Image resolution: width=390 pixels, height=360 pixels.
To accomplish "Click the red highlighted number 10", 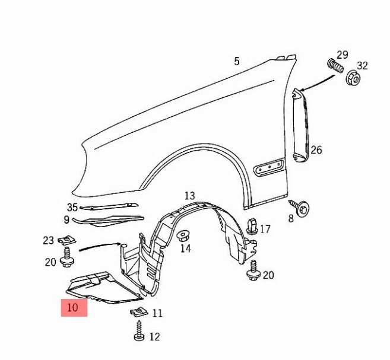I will click(73, 308).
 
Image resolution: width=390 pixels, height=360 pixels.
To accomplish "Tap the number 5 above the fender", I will click(237, 61).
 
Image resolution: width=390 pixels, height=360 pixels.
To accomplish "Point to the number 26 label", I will click(316, 150).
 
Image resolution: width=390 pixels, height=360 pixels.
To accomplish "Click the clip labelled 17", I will click(252, 227).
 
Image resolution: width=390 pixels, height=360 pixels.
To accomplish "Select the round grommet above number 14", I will click(185, 235).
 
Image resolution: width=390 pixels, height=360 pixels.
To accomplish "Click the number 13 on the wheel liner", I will click(189, 196).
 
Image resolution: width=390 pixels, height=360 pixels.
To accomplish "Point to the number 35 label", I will click(72, 207).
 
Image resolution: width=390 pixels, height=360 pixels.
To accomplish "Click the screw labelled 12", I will click(139, 330).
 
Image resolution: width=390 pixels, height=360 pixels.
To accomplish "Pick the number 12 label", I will click(154, 337).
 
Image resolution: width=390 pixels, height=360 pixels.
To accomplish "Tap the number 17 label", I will click(265, 229).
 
